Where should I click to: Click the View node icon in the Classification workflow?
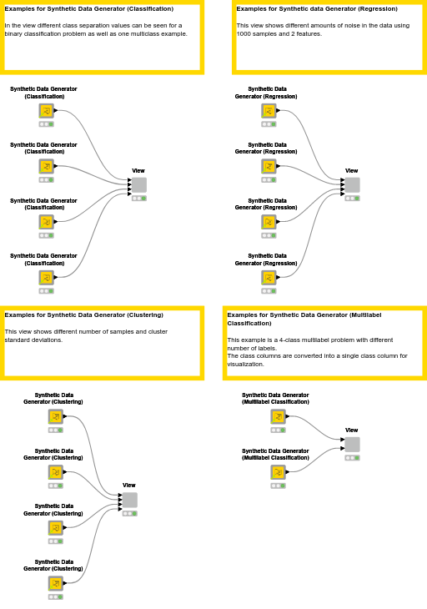tap(139, 185)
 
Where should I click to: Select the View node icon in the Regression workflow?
tap(352, 185)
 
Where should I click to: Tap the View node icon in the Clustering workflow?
tap(129, 501)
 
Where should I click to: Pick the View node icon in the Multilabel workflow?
tap(352, 445)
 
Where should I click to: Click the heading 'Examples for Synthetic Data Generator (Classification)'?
tap(89, 9)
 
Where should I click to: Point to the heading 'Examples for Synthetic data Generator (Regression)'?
tap(317, 9)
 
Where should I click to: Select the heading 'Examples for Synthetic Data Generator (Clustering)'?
tap(84, 315)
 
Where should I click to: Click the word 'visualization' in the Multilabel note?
tap(244, 365)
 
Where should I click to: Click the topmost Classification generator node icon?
tap(47, 111)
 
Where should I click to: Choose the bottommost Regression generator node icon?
tap(269, 278)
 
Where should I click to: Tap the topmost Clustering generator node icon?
tap(56, 416)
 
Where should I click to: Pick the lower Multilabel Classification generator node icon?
tap(278, 472)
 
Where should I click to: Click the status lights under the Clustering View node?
tap(129, 514)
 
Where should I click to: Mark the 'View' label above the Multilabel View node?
tap(352, 430)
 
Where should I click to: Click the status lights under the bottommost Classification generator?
tap(47, 291)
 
